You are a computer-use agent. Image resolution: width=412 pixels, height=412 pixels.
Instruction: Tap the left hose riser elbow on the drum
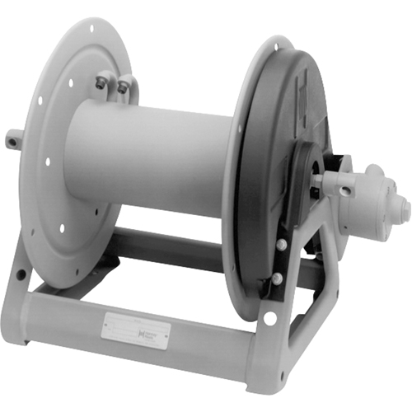(103, 82)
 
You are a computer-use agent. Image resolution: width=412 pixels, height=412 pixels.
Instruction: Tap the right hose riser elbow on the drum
(124, 86)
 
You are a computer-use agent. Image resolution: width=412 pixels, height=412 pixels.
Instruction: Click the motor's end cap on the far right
(404, 209)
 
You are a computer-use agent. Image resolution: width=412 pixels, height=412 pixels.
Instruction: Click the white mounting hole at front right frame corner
(270, 317)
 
